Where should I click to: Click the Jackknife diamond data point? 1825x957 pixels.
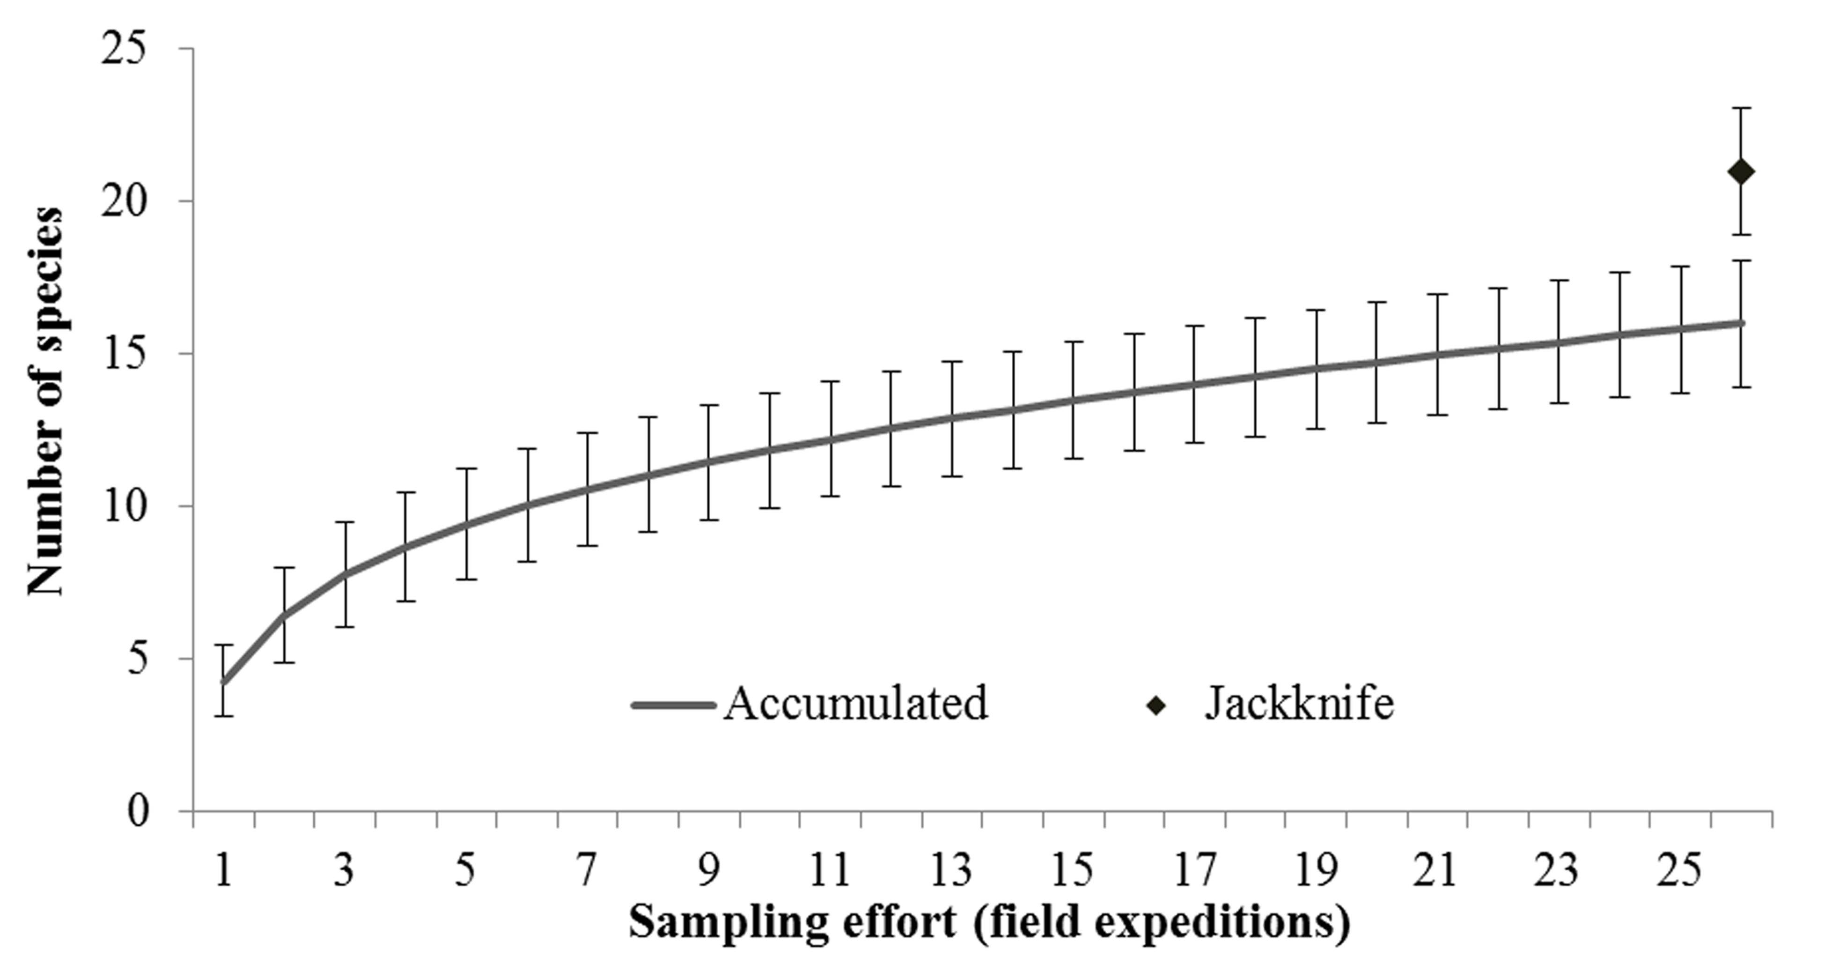pos(1741,171)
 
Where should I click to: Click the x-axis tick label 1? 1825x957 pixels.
pos(224,870)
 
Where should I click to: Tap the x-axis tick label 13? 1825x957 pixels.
pos(951,870)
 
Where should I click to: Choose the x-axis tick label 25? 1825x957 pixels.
pos(1679,870)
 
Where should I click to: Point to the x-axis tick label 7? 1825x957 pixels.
pos(587,870)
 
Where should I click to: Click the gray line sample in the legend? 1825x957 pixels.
pos(673,705)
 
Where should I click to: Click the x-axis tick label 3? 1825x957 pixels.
pos(344,870)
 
